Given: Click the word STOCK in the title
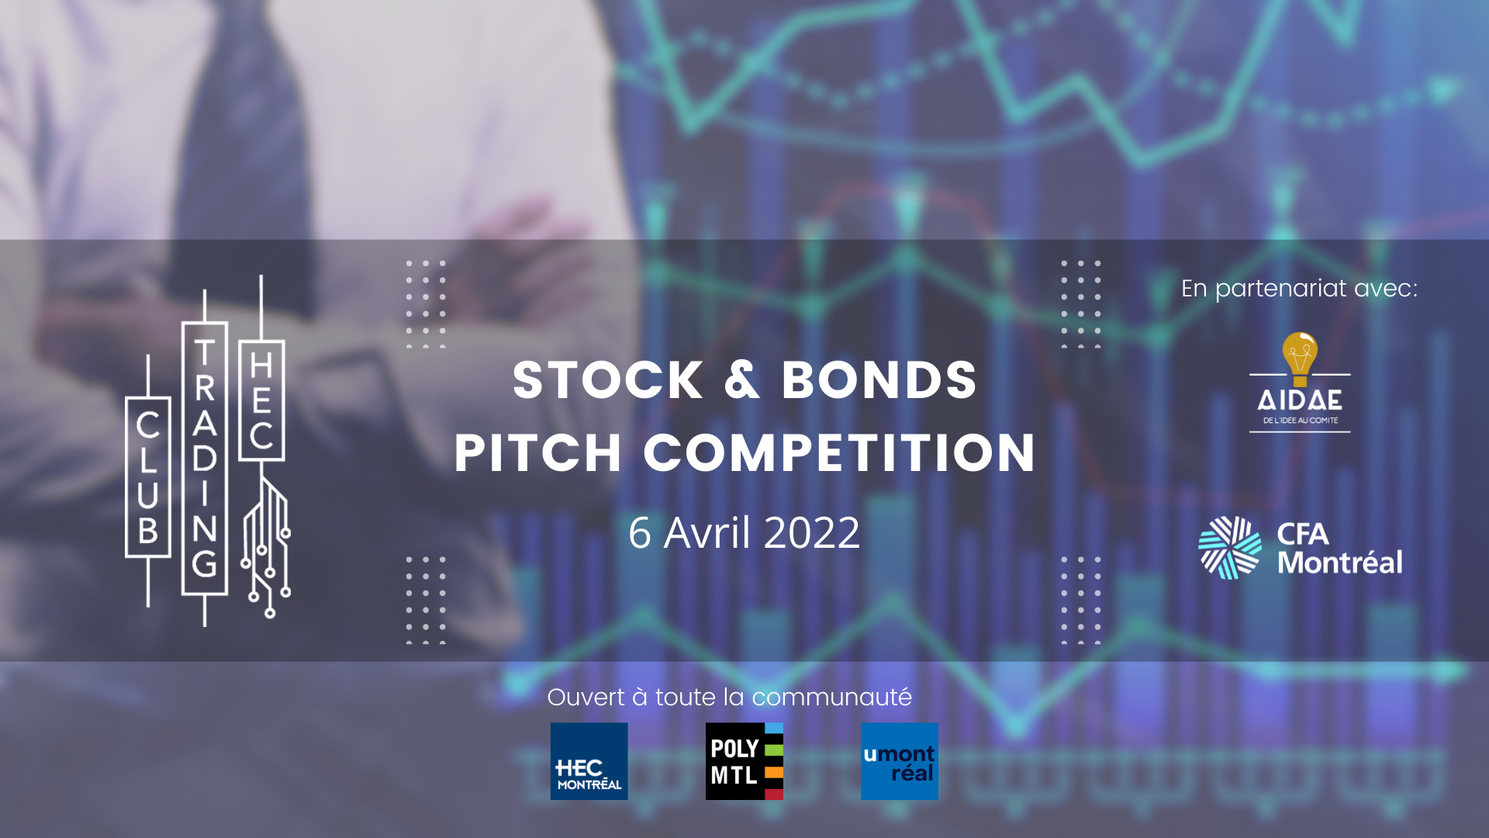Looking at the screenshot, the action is pos(608,380).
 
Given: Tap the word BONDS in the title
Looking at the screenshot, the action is pos(879,380).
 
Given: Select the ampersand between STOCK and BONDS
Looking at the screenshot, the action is pos(742,380).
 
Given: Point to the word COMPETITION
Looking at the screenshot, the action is pos(839,452).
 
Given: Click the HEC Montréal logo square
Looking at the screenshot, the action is pos(589,761).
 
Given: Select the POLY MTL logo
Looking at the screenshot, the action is pos(744,761).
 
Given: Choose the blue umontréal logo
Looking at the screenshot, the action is pos(900,761).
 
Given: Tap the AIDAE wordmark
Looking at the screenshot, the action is pos(1300,400).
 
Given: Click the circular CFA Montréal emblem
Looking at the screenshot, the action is pos(1230,548).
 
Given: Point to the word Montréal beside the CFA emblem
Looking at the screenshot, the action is pos(1340,563).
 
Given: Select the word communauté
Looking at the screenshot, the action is pos(832,698).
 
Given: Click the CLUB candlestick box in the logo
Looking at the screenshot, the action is pos(148,477).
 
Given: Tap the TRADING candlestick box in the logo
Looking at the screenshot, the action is pos(205,459).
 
